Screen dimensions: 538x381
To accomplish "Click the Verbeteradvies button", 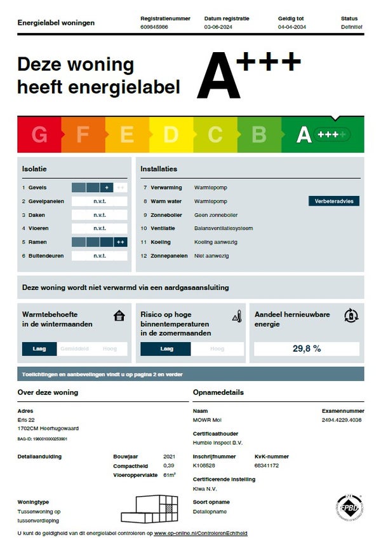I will (334, 201).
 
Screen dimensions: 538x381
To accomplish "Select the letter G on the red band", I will (39, 134).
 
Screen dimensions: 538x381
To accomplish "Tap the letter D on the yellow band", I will (171, 134).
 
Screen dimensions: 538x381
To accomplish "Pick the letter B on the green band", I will (259, 134).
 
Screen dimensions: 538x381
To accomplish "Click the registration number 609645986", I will (154, 27).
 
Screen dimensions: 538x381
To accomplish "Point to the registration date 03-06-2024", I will (218, 27).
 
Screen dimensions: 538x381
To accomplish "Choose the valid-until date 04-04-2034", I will (291, 27).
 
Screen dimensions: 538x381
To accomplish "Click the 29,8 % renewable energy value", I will (307, 348).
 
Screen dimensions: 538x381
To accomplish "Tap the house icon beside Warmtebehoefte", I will (119, 315).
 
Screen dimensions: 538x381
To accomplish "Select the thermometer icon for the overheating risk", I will (237, 316).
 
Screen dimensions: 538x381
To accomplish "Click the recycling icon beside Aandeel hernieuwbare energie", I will (351, 315).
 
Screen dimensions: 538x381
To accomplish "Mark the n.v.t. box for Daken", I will (100, 215).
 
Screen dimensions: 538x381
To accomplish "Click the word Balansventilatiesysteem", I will (223, 228).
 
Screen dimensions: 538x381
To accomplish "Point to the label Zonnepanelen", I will (169, 256).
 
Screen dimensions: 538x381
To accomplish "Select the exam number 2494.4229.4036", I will (342, 420).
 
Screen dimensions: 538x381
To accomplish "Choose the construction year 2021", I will (169, 457).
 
